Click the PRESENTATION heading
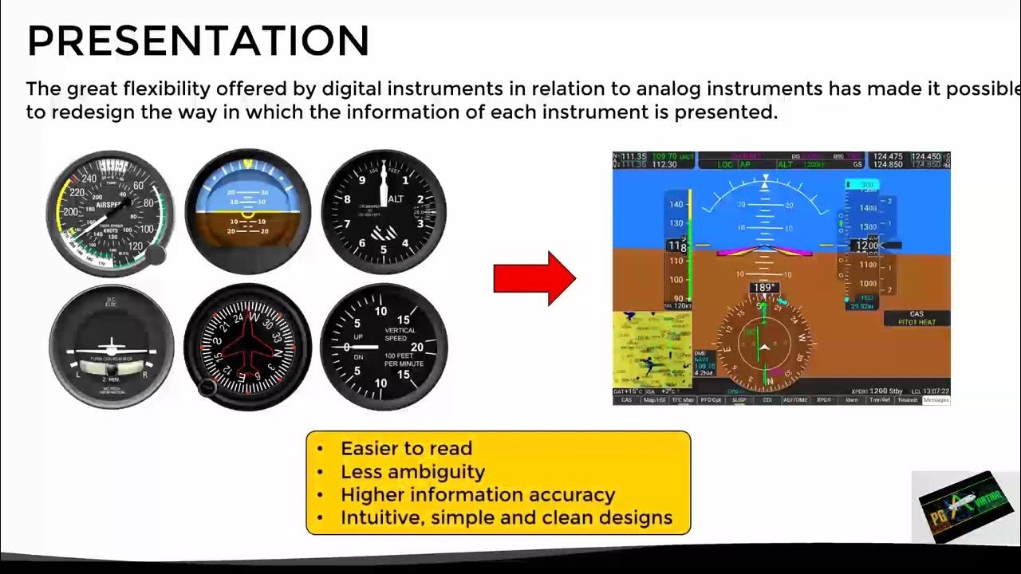click(x=198, y=40)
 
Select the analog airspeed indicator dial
click(x=110, y=213)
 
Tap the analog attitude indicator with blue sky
click(x=247, y=212)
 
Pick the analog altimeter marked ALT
click(x=384, y=212)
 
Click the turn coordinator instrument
click(x=112, y=347)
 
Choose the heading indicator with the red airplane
click(x=247, y=347)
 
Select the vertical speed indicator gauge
click(x=384, y=347)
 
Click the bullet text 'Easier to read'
click(x=406, y=449)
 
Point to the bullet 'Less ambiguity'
click(x=412, y=472)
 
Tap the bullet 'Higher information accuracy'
click(x=478, y=495)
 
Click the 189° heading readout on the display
click(x=764, y=288)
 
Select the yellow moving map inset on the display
click(x=652, y=350)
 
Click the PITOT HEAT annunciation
click(x=917, y=322)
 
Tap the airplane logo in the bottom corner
click(x=965, y=507)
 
